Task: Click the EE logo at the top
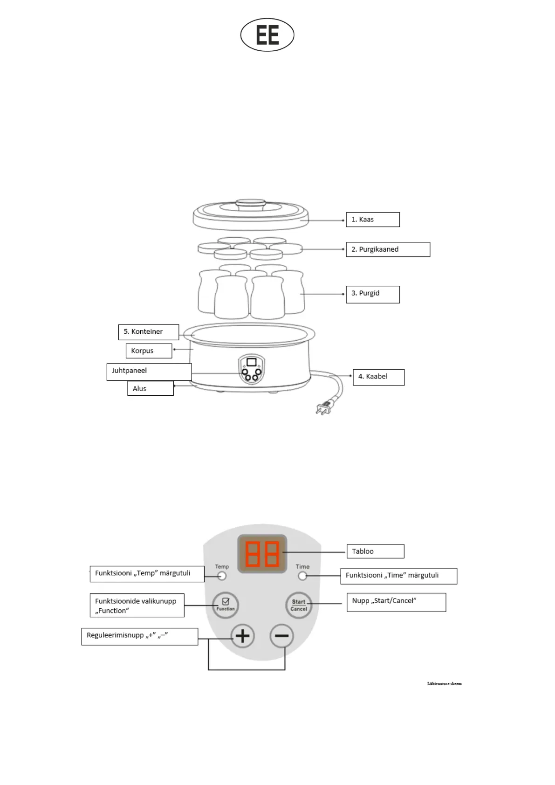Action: (267, 35)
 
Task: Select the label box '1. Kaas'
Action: (372, 220)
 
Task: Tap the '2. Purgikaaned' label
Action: (387, 249)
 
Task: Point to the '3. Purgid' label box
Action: (372, 294)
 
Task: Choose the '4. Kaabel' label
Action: (378, 377)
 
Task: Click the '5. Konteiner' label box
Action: (148, 332)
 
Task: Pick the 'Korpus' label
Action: (148, 351)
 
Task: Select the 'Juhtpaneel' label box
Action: (149, 372)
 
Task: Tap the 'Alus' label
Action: (150, 388)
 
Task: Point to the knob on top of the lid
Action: (250, 203)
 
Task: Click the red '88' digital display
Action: (262, 554)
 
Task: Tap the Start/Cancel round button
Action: (298, 605)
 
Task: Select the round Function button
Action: (226, 605)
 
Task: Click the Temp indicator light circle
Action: (222, 576)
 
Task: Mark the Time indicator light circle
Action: (302, 576)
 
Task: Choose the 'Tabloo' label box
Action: (375, 551)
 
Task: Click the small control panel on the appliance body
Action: (252, 369)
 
